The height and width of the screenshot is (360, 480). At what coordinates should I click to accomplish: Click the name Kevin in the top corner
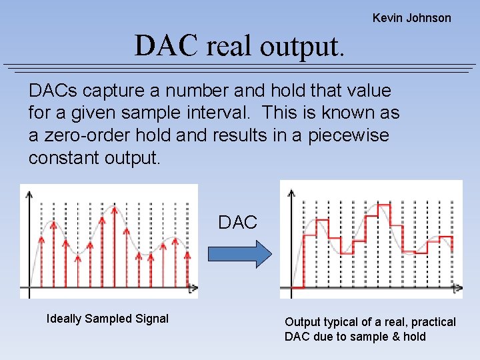(x=387, y=18)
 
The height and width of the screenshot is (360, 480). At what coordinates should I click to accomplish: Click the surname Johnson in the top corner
(x=429, y=18)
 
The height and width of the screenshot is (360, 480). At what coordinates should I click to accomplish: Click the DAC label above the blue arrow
(x=238, y=223)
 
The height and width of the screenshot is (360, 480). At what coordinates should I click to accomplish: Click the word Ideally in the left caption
(x=65, y=319)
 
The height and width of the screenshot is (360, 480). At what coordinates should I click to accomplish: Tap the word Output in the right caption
(x=303, y=322)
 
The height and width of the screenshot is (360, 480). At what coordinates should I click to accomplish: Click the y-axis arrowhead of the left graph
(x=29, y=195)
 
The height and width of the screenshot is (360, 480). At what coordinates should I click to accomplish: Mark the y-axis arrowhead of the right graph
(x=291, y=193)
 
